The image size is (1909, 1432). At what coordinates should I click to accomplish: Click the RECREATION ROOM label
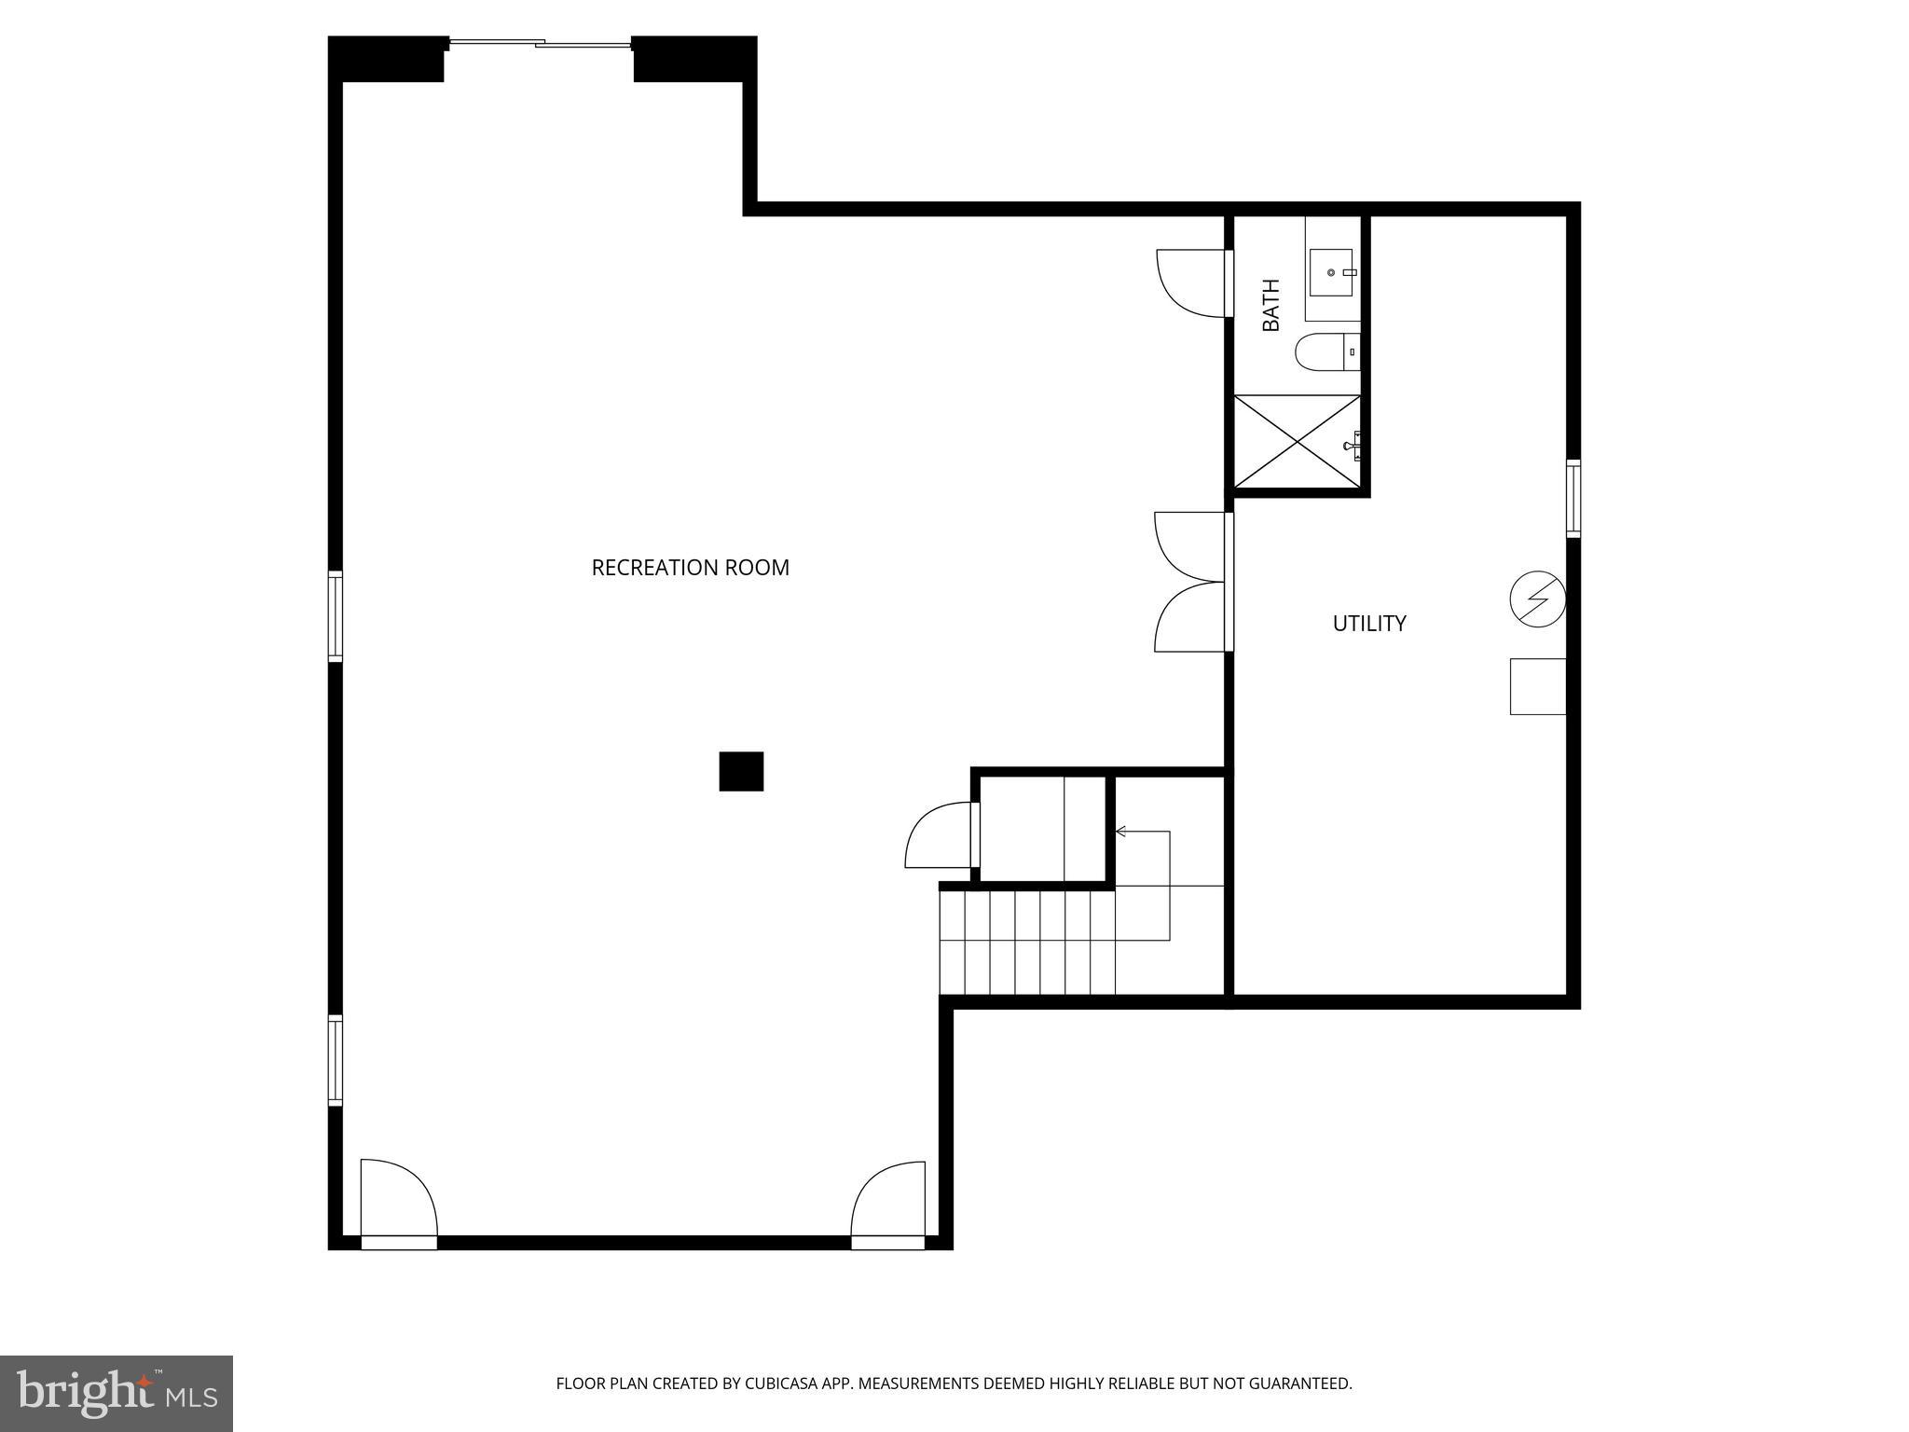click(x=690, y=568)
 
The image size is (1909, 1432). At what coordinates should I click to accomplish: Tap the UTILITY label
click(x=1368, y=624)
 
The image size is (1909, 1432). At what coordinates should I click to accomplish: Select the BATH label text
click(x=1270, y=305)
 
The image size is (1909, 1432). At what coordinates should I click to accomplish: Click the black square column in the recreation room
click(x=741, y=771)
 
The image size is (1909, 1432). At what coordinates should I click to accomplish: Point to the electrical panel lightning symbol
click(x=1536, y=599)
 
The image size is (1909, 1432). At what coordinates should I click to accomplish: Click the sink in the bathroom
click(x=1331, y=272)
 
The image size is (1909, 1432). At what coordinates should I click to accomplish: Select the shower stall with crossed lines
click(x=1297, y=442)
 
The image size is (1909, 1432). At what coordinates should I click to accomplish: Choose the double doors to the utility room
click(x=1189, y=582)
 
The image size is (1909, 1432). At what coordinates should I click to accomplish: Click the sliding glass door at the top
click(x=539, y=43)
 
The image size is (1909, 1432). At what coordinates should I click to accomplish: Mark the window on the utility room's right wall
click(x=1573, y=498)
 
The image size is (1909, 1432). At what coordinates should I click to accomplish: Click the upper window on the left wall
click(x=335, y=616)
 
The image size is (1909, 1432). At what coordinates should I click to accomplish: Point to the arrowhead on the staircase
click(x=1120, y=831)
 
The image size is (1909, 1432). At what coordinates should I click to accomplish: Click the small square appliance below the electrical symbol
click(x=1536, y=686)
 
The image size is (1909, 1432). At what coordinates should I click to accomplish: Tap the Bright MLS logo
click(x=116, y=1393)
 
